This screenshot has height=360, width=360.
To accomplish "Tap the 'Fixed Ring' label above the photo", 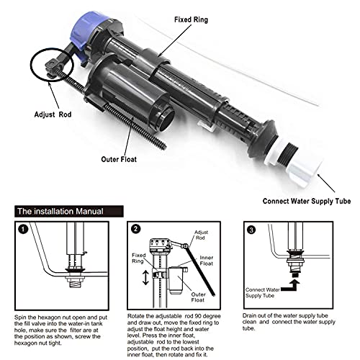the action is tap(191, 19).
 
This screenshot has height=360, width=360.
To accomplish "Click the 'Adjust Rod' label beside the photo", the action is tap(53, 114).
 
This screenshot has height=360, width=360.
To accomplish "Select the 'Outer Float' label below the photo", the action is tap(119, 159).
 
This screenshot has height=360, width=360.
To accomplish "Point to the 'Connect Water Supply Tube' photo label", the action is tap(307, 201).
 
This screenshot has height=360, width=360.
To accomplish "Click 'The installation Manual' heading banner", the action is tap(69, 212).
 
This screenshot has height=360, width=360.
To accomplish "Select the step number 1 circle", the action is tap(23, 229).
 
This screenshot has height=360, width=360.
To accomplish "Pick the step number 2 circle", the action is tap(136, 229).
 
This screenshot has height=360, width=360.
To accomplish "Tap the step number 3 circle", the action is tap(251, 230).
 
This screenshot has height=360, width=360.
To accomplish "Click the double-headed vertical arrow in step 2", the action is tap(145, 277).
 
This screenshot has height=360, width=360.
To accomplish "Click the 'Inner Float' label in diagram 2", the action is tap(207, 261).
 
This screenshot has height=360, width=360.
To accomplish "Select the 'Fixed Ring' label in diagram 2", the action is tap(139, 258).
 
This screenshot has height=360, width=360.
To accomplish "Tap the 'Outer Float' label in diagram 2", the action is tap(198, 297).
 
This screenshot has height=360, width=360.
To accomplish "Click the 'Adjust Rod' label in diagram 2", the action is tap(201, 235).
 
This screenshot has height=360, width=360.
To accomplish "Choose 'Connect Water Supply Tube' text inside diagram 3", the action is tap(263, 292).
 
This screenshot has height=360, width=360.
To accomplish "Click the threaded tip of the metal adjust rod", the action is tap(163, 145).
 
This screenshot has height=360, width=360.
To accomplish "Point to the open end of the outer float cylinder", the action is tap(166, 120).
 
